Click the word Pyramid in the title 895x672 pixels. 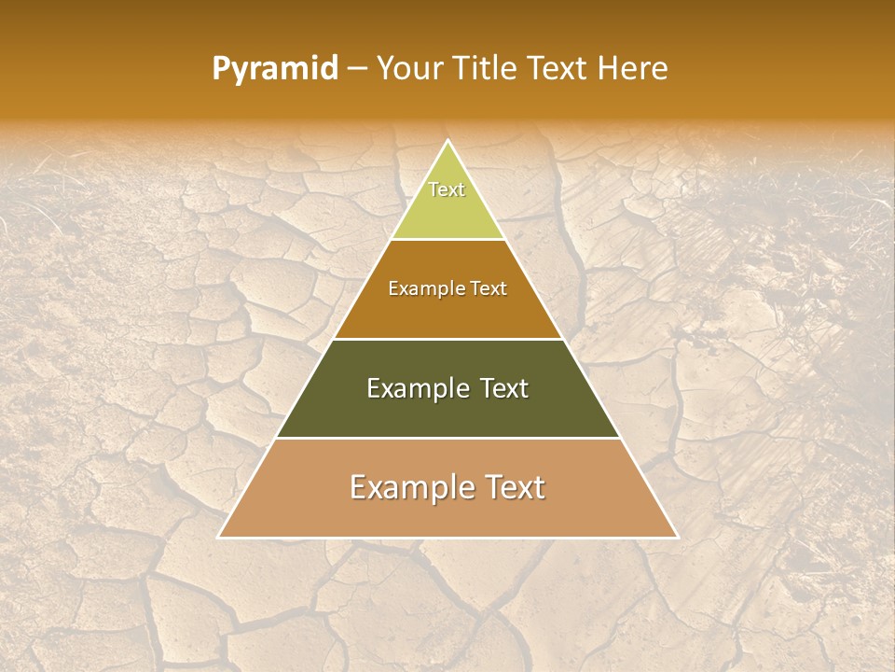click(275, 69)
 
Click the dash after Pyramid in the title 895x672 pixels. click(357, 70)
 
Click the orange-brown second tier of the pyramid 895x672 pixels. click(447, 313)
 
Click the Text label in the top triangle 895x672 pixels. click(447, 189)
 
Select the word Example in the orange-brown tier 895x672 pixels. click(424, 289)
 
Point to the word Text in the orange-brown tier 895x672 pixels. click(486, 289)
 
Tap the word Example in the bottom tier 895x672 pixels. click(406, 487)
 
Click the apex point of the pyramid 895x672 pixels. click(447, 141)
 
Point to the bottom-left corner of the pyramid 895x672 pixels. click(219, 537)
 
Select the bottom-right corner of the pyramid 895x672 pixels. click(677, 537)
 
